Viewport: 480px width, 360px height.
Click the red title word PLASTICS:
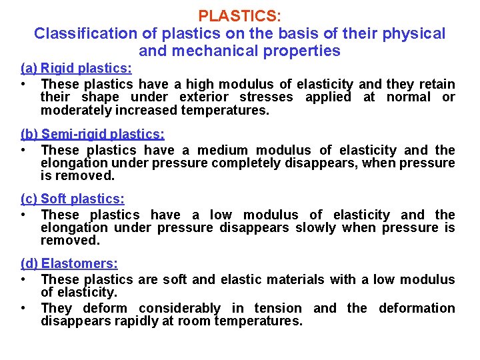239,15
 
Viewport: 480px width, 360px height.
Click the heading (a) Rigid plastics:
76,68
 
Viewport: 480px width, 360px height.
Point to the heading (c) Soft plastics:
73,199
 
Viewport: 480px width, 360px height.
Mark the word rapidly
123,321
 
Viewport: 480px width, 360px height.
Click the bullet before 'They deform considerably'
24,308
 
